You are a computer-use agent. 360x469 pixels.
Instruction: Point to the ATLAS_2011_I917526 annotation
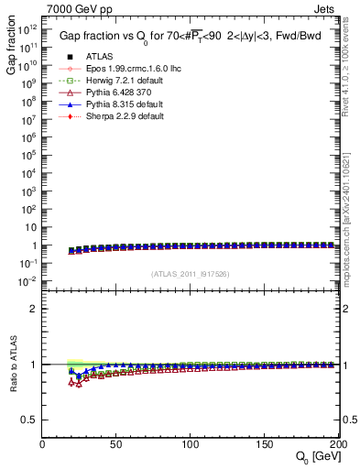pyautogui.click(x=191, y=274)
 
